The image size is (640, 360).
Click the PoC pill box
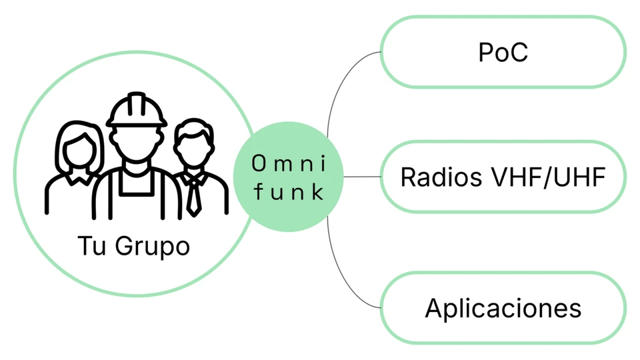point(503,52)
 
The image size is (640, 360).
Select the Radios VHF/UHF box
point(503,177)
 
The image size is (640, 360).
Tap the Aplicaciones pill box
point(503,308)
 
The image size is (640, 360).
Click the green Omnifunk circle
point(289,177)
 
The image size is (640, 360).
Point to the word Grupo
point(152,247)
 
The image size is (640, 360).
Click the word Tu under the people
point(92,245)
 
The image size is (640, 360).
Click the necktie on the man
point(193,195)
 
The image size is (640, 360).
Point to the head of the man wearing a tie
point(194,141)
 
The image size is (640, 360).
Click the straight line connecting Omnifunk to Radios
point(362,177)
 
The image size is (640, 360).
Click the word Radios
point(441,177)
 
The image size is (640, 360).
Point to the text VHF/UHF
point(548,177)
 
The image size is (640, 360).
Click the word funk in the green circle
point(289,191)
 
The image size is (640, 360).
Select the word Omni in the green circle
point(289,164)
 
